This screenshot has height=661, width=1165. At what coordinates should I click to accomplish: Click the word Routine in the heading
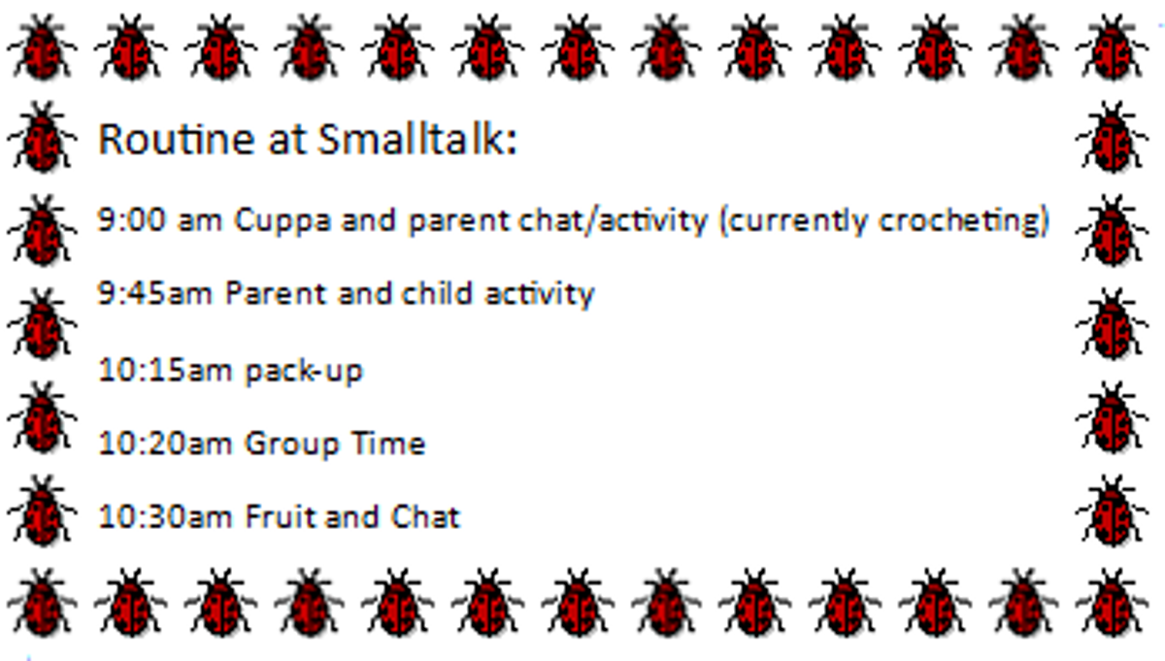coord(176,140)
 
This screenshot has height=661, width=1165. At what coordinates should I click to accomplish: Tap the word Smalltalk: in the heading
coord(417,140)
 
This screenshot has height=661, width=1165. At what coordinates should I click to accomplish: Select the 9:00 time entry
coord(132,219)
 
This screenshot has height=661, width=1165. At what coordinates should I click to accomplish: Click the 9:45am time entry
coord(155,293)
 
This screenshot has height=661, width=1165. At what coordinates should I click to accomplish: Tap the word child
coord(437,293)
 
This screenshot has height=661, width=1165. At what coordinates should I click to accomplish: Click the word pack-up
coord(304,373)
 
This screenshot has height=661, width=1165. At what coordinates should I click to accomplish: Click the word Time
coord(388,444)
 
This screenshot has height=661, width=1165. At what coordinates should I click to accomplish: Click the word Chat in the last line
coord(426,517)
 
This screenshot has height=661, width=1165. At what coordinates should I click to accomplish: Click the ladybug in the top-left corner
coord(43,48)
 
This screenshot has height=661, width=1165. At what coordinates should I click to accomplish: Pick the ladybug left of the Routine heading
coord(43,137)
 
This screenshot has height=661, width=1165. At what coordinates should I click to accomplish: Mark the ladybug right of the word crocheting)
coord(1112,230)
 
